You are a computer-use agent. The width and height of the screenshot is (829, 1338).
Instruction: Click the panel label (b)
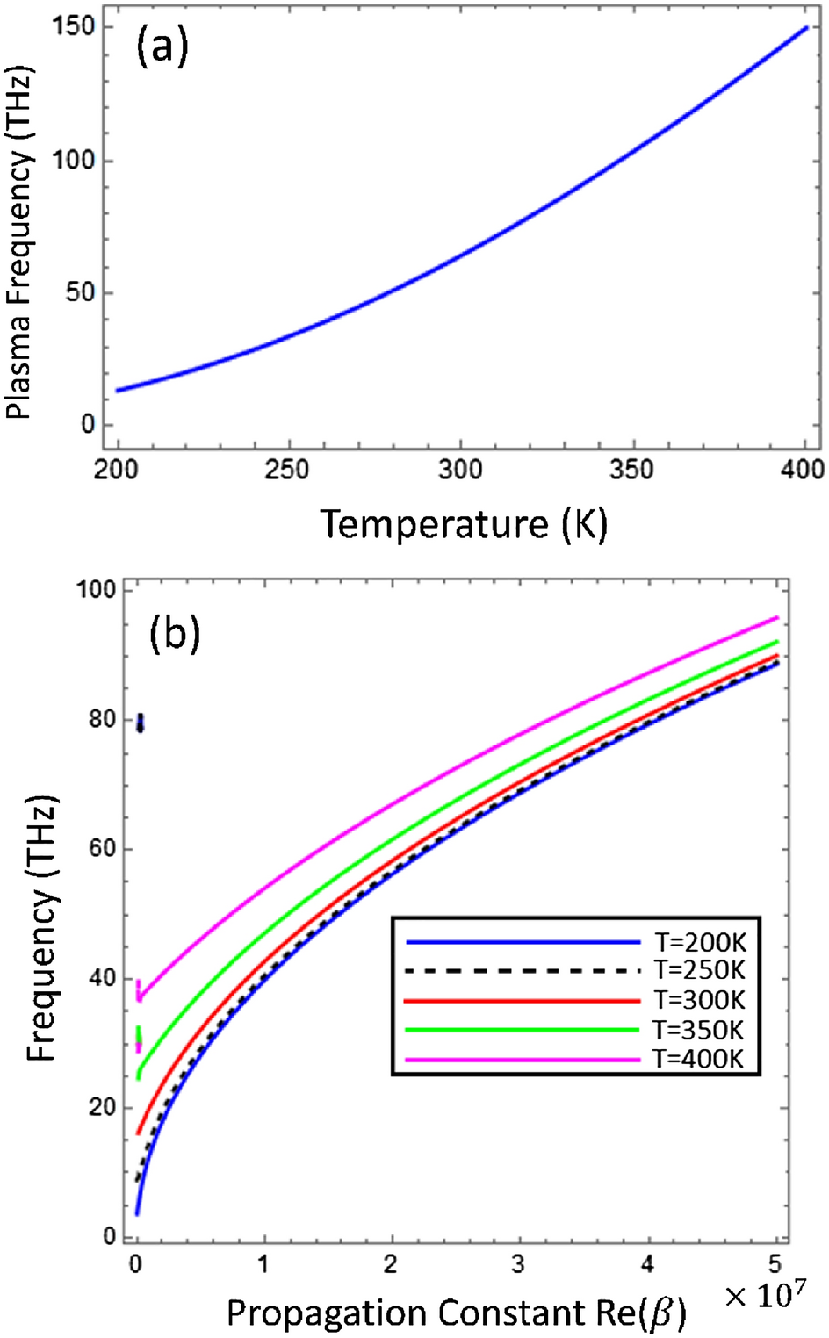175,632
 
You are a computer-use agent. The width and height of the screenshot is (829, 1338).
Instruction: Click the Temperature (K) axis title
464,524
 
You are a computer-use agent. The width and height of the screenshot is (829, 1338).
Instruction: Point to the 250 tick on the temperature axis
287,470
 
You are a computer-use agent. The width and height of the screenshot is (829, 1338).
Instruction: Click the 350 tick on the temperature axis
631,470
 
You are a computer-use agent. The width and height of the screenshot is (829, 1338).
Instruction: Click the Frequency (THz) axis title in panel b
41,928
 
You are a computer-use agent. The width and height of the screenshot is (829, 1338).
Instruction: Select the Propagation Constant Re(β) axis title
456,1313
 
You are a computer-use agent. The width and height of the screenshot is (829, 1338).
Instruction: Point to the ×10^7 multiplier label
765,1294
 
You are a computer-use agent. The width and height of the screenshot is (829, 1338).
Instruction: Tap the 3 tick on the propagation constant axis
520,1265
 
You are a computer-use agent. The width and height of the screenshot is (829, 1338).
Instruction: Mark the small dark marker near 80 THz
141,723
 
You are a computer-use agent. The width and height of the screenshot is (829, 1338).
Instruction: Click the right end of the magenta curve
776,618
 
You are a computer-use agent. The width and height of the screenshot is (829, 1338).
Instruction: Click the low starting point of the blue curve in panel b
138,1212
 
